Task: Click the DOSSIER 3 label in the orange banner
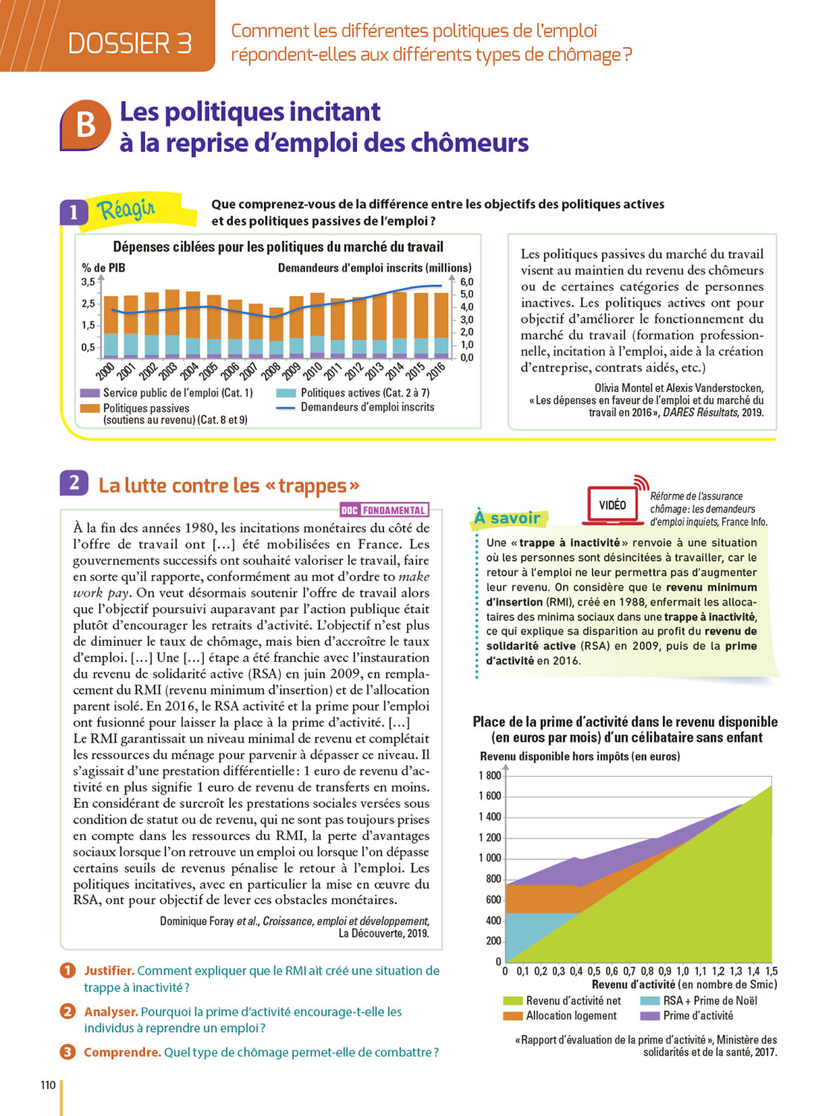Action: (129, 44)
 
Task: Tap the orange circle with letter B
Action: (86, 124)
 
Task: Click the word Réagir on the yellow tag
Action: (126, 210)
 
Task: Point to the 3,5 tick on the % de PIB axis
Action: (89, 282)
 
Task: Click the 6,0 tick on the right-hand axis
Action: (466, 282)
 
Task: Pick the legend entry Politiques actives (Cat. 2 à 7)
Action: (365, 393)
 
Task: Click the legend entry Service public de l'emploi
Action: (178, 393)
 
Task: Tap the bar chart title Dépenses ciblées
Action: (278, 247)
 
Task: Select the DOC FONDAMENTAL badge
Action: (384, 510)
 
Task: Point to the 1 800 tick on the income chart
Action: (490, 775)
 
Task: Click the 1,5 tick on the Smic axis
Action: (772, 971)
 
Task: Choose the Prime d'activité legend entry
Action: (697, 1016)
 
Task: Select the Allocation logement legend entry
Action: (571, 1016)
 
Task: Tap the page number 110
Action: (48, 1085)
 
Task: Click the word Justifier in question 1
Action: (109, 971)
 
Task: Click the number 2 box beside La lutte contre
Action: (74, 484)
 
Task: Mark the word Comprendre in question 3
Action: (122, 1052)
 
